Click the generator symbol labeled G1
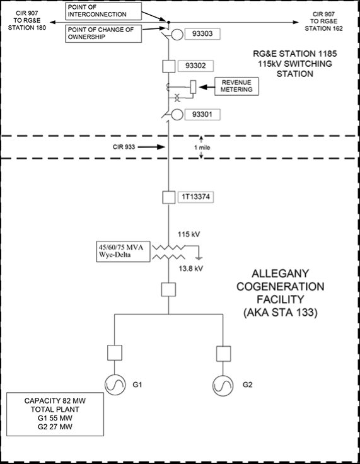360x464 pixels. point(115,385)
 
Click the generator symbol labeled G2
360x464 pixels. point(223,386)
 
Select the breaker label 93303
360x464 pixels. point(202,34)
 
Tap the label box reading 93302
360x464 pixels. point(195,66)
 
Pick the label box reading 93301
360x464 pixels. point(202,114)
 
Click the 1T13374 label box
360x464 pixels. point(195,197)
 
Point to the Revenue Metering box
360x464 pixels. point(236,86)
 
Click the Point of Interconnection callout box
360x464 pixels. point(103,11)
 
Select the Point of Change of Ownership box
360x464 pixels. point(103,33)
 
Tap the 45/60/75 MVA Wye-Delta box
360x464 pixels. point(123,252)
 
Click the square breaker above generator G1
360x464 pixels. point(115,352)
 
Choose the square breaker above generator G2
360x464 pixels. point(224,354)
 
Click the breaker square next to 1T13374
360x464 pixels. point(168,197)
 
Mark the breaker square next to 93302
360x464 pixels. point(168,66)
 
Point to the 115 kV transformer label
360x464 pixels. point(189,235)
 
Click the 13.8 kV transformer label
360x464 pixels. point(191,269)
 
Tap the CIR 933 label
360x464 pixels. point(124,147)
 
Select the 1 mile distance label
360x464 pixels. point(202,148)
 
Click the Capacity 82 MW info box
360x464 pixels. point(55,414)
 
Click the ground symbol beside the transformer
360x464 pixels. point(199,258)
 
